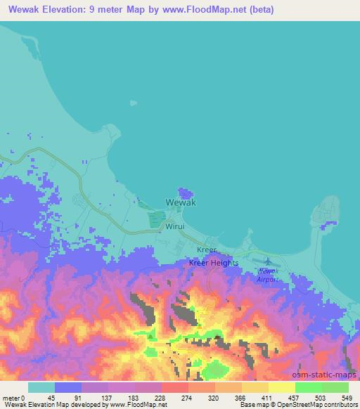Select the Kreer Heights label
point(214,263)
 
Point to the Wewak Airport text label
point(267,275)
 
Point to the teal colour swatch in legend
point(41,387)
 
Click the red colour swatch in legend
point(175,387)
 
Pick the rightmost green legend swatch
point(335,387)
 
